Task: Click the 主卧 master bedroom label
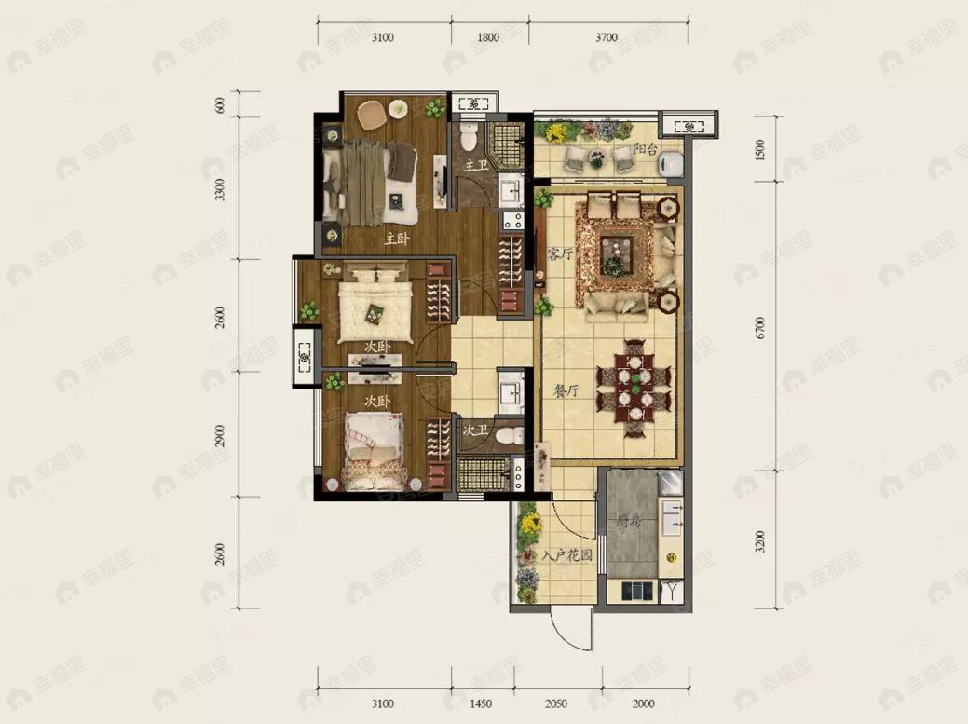pyautogui.click(x=397, y=239)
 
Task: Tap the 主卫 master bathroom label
pyautogui.click(x=476, y=165)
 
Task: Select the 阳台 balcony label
pyautogui.click(x=646, y=149)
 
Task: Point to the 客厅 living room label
pyautogui.click(x=560, y=253)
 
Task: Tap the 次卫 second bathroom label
pyautogui.click(x=475, y=430)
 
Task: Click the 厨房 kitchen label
pyautogui.click(x=631, y=522)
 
